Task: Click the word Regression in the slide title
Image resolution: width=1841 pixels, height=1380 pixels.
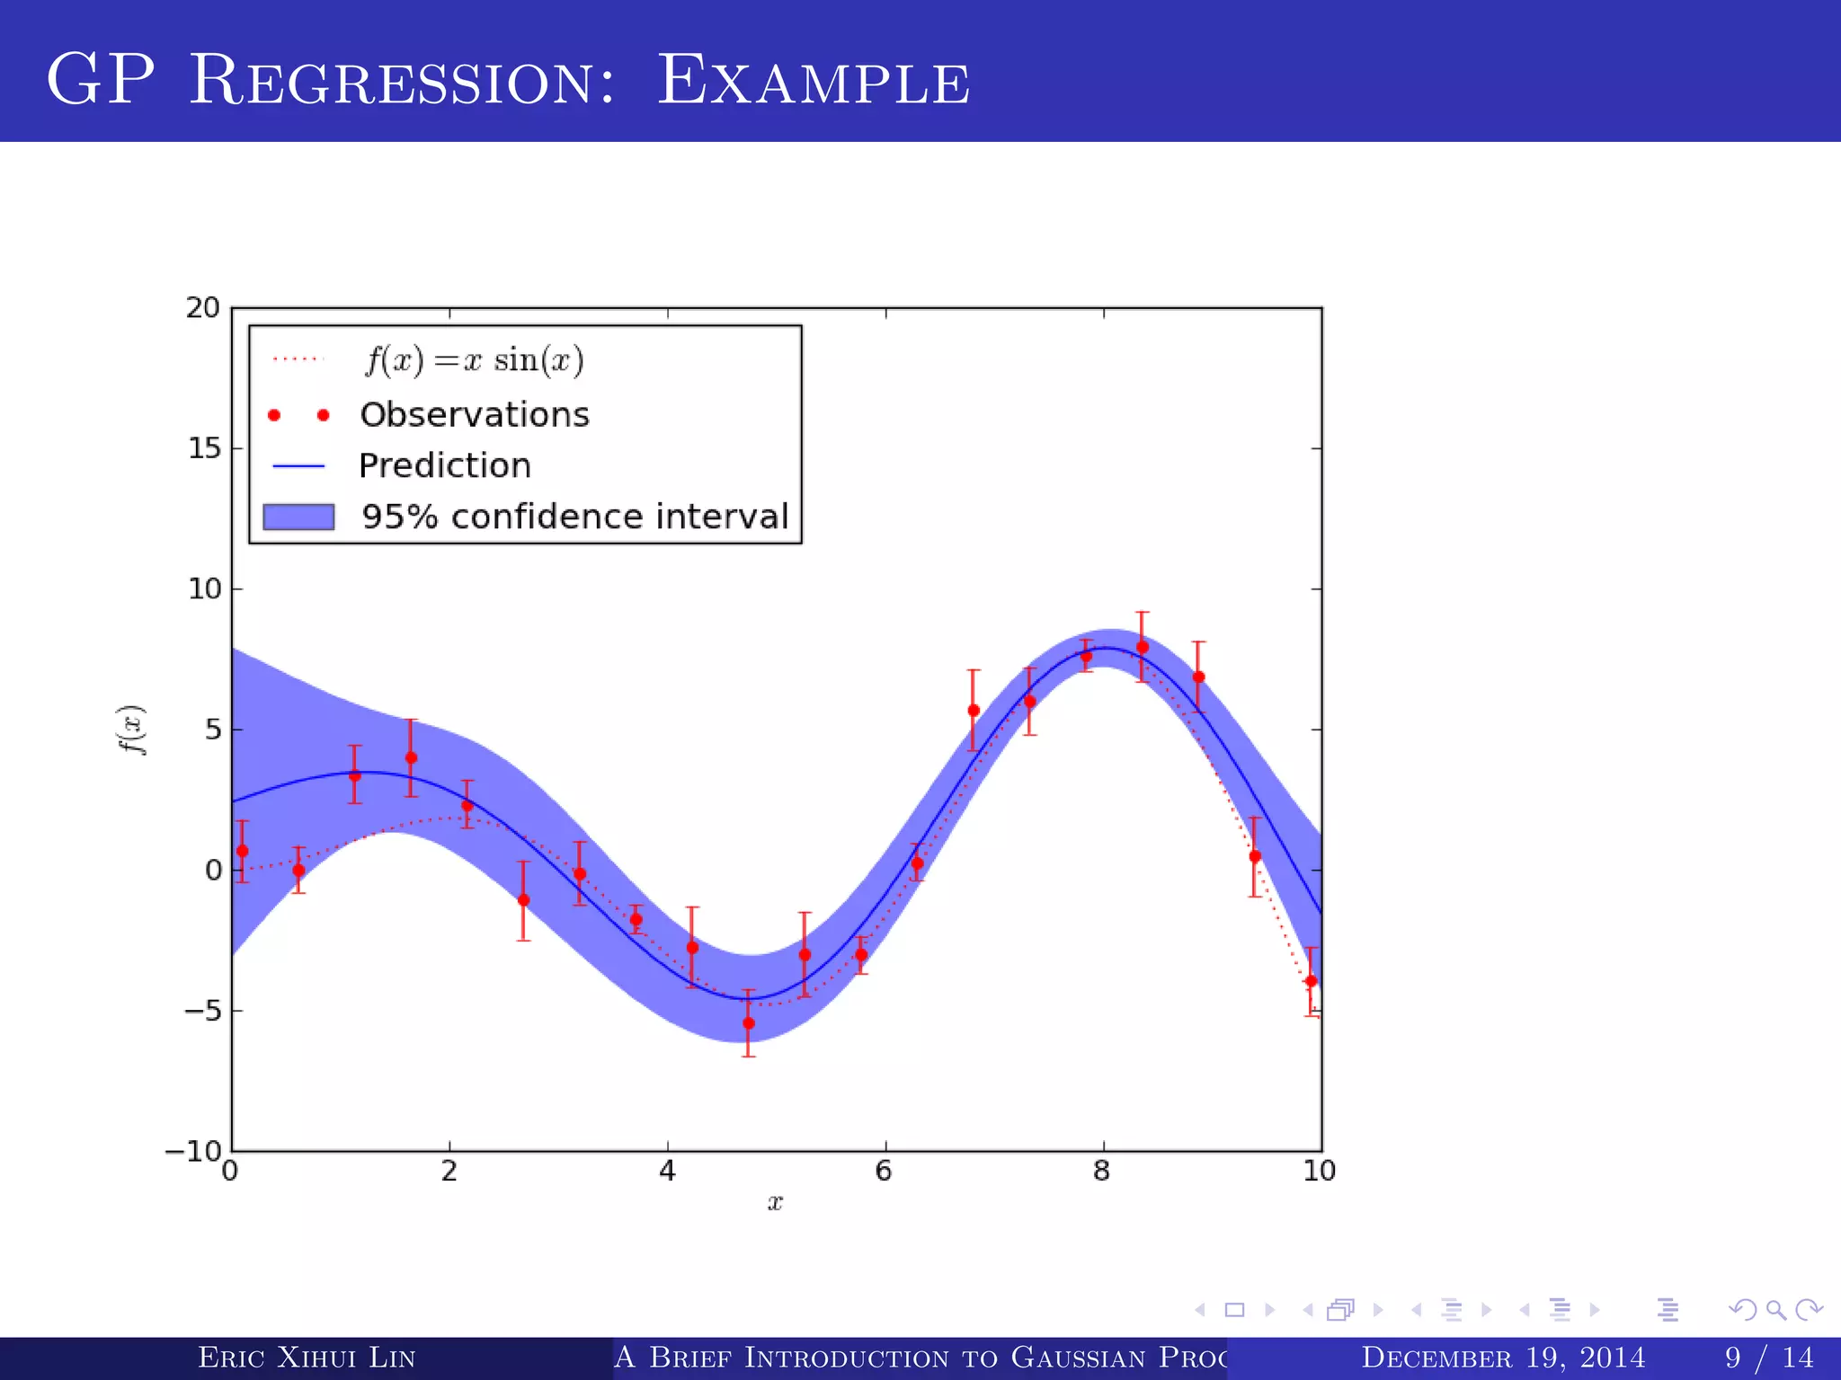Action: pyautogui.click(x=403, y=81)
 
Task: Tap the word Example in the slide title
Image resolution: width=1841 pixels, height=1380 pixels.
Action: pyautogui.click(x=814, y=81)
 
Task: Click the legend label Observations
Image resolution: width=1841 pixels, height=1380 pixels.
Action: pyautogui.click(x=475, y=415)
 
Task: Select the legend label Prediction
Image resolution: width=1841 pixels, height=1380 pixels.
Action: pyautogui.click(x=445, y=466)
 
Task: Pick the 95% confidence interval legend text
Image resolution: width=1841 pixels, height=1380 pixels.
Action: pyautogui.click(x=575, y=517)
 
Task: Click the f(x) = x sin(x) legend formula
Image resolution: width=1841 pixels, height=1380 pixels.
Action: pyautogui.click(x=475, y=360)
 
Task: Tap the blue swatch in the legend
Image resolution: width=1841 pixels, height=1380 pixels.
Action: pyautogui.click(x=298, y=517)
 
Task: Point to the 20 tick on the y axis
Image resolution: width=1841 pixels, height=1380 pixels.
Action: pyautogui.click(x=203, y=308)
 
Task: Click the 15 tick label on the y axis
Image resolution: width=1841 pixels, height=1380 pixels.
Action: pyautogui.click(x=204, y=448)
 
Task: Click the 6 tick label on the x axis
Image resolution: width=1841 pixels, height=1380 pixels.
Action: pyautogui.click(x=884, y=1172)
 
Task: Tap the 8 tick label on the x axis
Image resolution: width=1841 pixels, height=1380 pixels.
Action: pyautogui.click(x=1102, y=1172)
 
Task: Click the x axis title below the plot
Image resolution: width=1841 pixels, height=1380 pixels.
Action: pyautogui.click(x=775, y=1203)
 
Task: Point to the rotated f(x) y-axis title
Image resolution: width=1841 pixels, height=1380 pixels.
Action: pyautogui.click(x=133, y=730)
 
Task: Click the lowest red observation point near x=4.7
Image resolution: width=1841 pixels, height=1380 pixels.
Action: pyautogui.click(x=749, y=1023)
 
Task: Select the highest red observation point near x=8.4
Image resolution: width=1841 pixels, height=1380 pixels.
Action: pyautogui.click(x=1143, y=647)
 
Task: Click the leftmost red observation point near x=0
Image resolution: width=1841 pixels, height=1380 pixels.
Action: pyautogui.click(x=243, y=851)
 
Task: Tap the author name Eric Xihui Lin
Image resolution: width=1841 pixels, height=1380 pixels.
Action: pyautogui.click(x=307, y=1358)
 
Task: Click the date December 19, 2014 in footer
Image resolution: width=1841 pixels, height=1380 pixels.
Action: pyautogui.click(x=1503, y=1358)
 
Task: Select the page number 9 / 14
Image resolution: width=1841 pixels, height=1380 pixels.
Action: pyautogui.click(x=1768, y=1358)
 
